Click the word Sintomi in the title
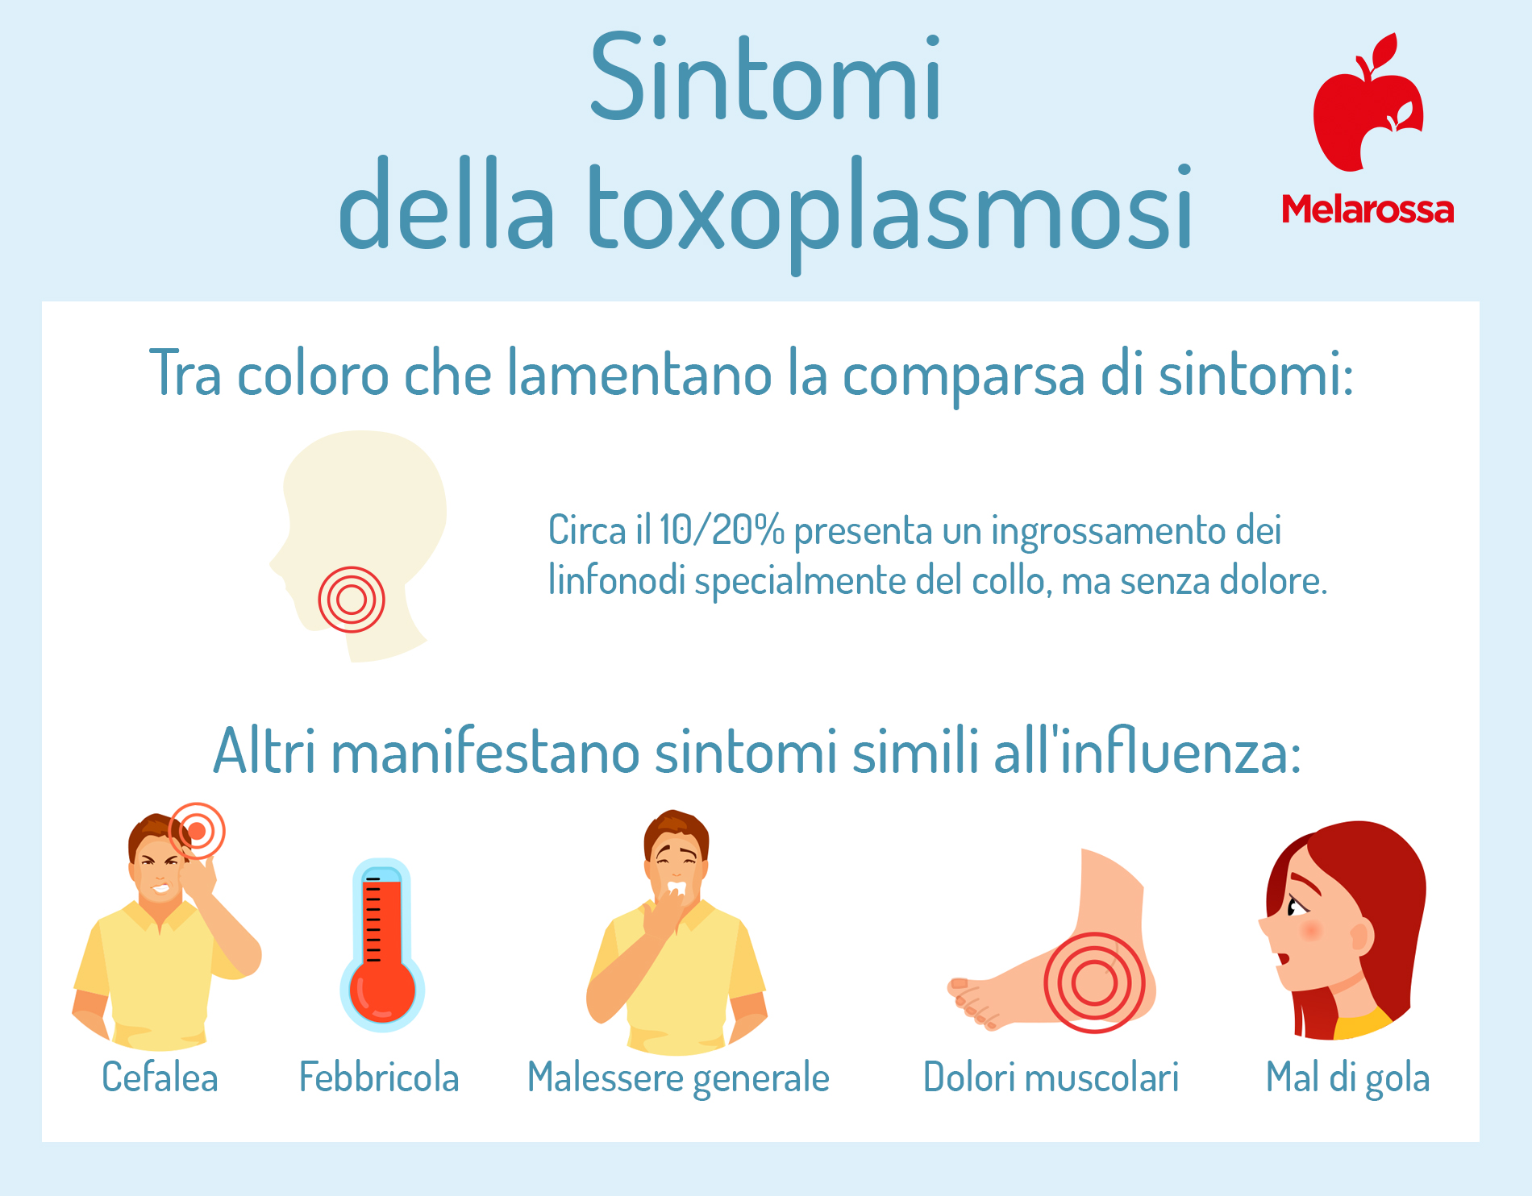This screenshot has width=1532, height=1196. (765, 77)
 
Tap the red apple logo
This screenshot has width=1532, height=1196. (1368, 102)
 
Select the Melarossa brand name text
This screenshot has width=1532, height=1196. (1368, 210)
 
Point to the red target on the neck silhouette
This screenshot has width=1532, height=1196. (352, 599)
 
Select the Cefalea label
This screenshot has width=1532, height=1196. (160, 1078)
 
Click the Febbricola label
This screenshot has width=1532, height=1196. (379, 1078)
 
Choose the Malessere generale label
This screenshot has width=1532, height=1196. (678, 1078)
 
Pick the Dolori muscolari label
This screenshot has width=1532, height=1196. (1051, 1078)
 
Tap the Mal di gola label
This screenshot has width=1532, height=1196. (1347, 1078)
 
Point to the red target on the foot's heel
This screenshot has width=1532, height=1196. (1093, 982)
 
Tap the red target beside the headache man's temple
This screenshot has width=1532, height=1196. (197, 831)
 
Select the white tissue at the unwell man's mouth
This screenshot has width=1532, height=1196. (676, 888)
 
